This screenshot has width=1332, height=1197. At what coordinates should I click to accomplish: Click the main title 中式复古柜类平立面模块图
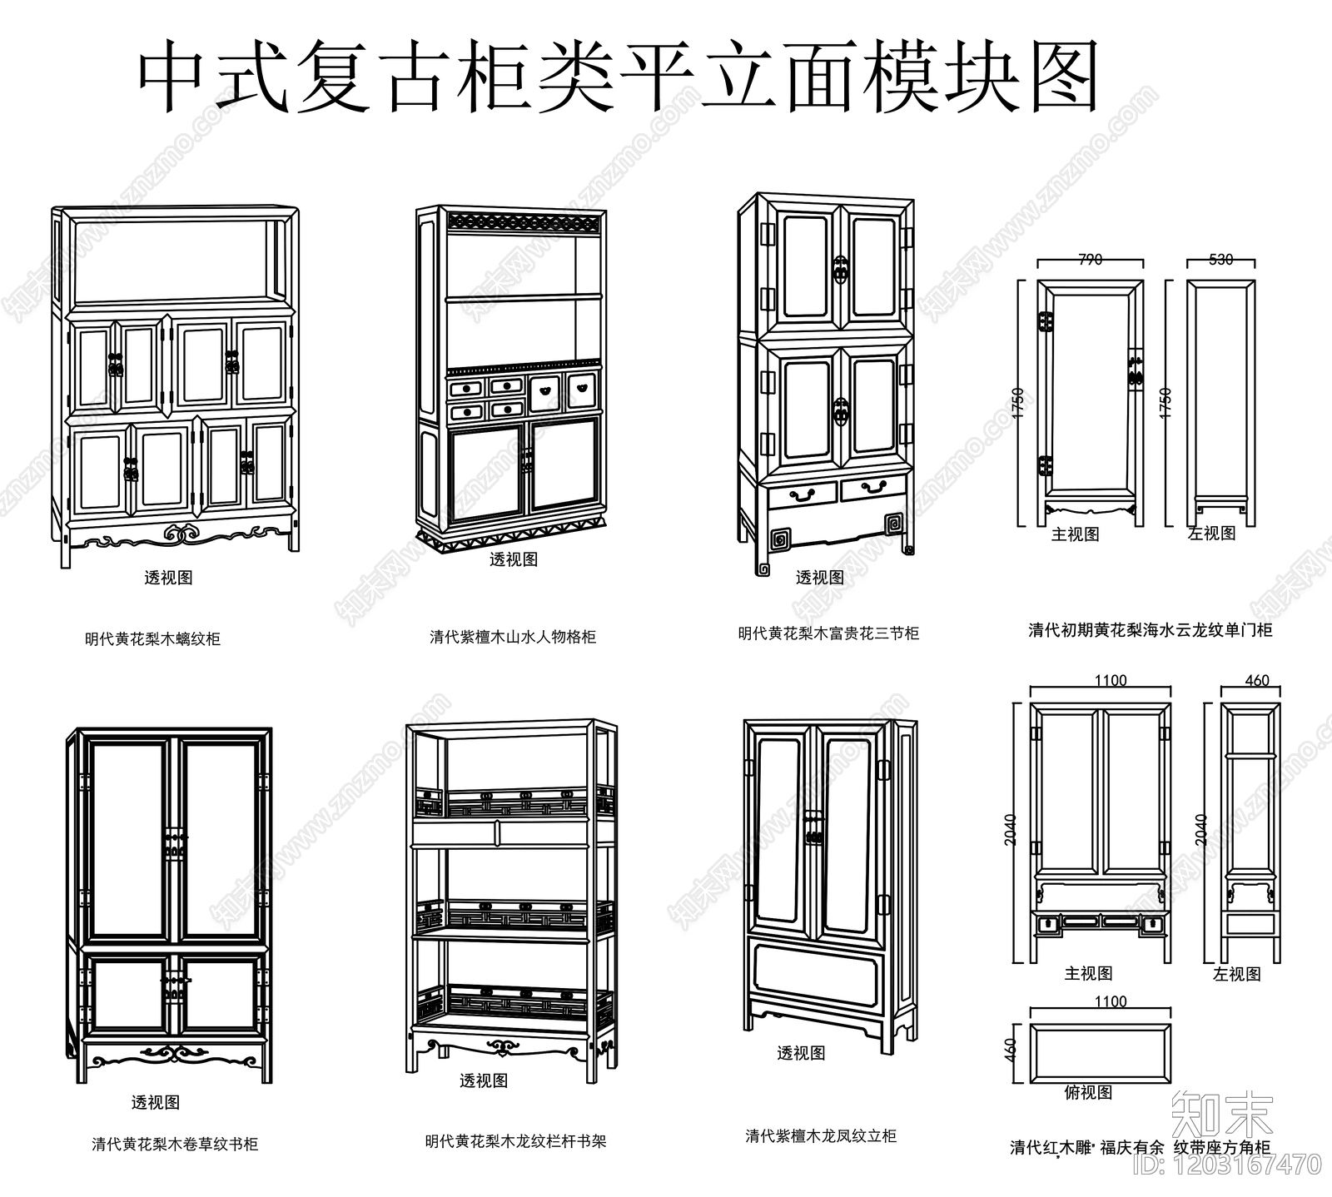[x=618, y=77]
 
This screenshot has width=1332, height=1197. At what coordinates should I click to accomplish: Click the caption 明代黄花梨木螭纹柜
[x=152, y=639]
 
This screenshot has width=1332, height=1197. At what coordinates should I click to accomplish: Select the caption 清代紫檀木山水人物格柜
[x=512, y=638]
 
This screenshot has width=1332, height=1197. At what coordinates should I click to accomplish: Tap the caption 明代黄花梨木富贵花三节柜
[x=828, y=633]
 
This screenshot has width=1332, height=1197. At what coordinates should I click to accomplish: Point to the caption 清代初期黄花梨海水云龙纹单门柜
[x=1150, y=630]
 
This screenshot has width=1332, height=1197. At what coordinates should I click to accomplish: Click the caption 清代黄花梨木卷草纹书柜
[x=175, y=1145]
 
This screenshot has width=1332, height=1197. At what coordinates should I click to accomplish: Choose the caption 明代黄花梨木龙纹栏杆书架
[x=515, y=1141]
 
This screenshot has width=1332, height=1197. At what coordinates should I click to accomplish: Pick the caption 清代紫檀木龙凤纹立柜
[x=821, y=1135]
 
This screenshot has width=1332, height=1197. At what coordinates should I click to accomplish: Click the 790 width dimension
[x=1090, y=260]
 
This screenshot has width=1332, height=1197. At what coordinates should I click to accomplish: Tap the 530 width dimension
[x=1220, y=260]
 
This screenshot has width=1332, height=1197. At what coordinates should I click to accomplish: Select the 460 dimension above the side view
[x=1256, y=681]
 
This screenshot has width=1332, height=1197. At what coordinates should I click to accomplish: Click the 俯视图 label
[x=1088, y=1092]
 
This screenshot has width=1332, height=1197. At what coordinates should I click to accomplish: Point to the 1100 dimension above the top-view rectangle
[x=1111, y=1001]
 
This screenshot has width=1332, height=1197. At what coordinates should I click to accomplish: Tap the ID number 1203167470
[x=1245, y=1164]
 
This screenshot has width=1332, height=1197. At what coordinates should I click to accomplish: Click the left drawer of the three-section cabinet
[x=802, y=493]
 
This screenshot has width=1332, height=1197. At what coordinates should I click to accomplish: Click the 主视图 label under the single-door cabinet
[x=1075, y=534]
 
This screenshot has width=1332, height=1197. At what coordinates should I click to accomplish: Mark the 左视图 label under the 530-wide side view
[x=1211, y=534]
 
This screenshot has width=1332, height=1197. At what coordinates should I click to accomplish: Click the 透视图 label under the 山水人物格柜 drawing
[x=513, y=559]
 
